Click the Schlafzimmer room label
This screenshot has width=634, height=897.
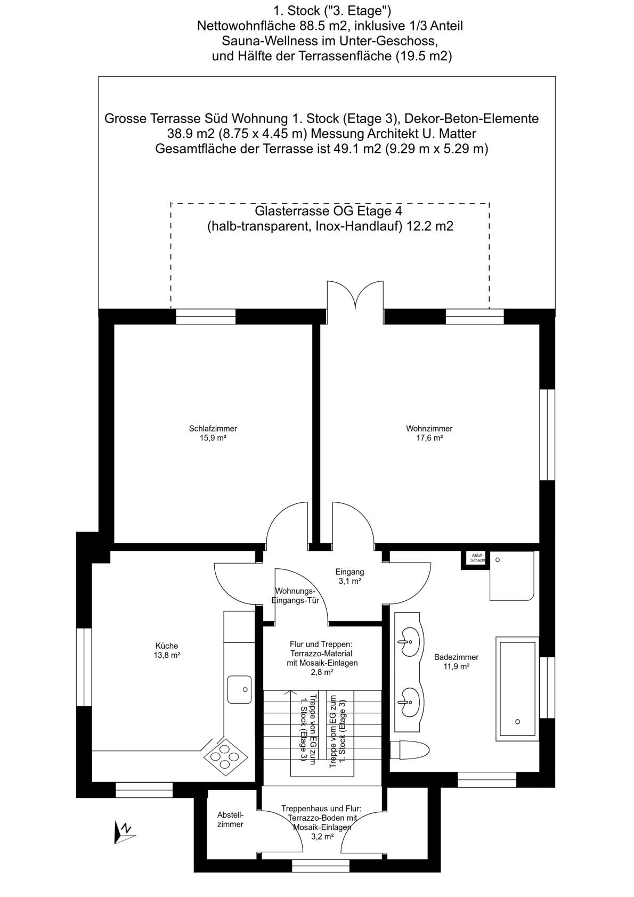click(x=213, y=433)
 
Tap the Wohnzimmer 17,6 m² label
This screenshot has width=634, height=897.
click(x=429, y=433)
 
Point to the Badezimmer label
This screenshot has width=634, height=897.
click(x=456, y=662)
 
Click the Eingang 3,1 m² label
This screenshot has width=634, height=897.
click(x=349, y=576)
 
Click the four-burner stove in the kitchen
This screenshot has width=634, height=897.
click(x=225, y=758)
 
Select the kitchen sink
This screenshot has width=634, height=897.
click(x=239, y=690)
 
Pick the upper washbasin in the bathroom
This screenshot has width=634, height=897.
click(x=410, y=641)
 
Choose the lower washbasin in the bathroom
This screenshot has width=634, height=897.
click(x=409, y=702)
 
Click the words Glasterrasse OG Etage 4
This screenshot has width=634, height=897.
click(x=328, y=210)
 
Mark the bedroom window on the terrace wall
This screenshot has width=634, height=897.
click(x=206, y=316)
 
